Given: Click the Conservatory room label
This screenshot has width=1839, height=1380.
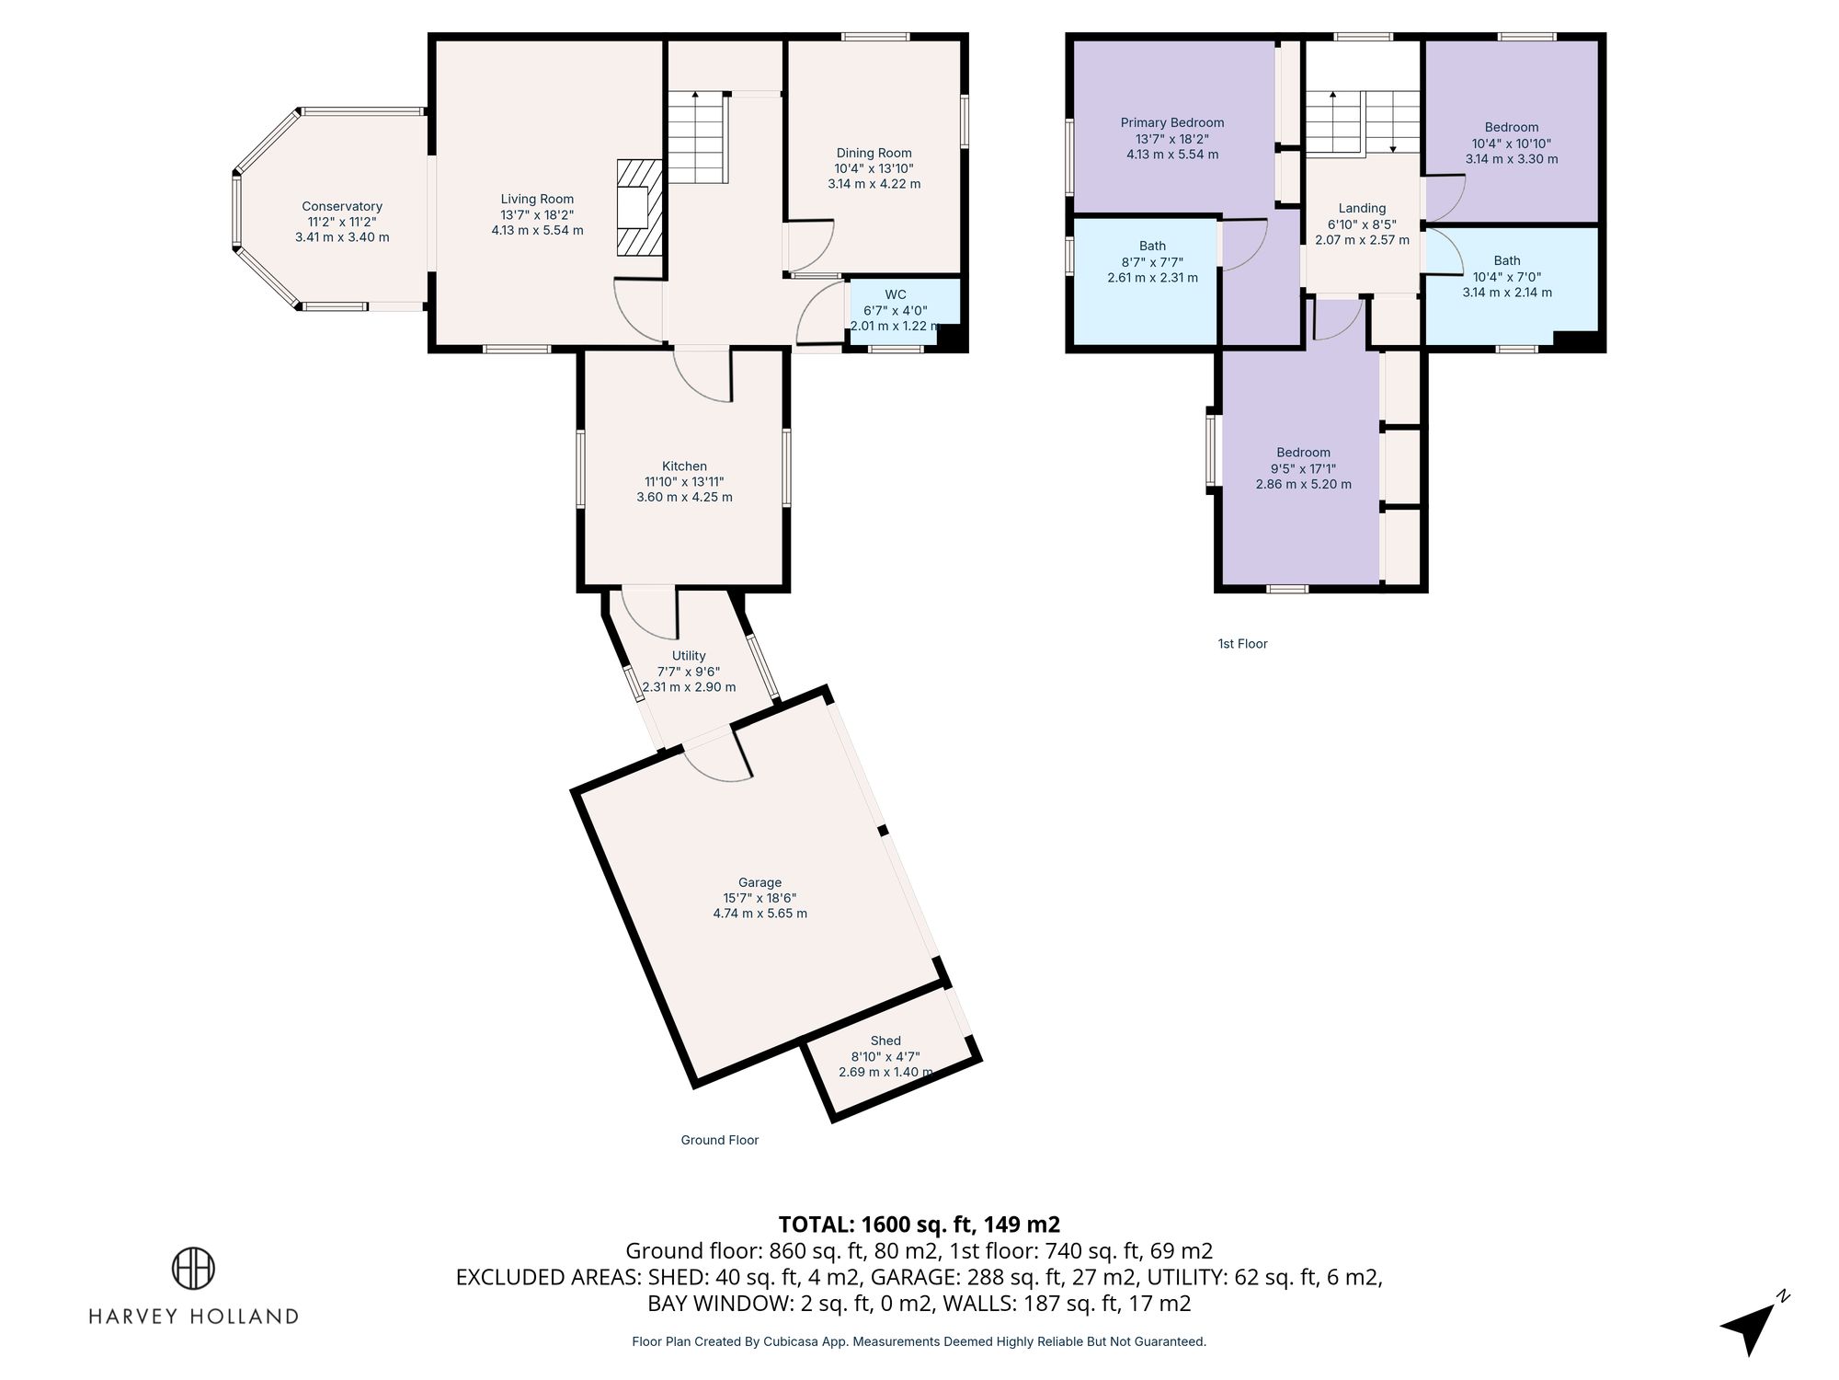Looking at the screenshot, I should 342,207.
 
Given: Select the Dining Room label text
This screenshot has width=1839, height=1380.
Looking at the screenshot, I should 874,154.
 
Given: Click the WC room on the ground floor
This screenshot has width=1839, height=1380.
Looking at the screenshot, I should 895,310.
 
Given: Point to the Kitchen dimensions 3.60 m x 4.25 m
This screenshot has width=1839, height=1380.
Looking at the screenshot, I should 684,498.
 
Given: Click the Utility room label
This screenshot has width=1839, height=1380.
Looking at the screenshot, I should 689,656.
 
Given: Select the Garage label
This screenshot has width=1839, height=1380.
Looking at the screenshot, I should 760,882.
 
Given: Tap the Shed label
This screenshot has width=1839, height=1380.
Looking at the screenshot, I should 885,1041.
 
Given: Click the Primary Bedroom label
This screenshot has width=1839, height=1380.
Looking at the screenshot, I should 1172,122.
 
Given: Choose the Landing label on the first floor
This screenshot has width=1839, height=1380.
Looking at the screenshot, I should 1362,209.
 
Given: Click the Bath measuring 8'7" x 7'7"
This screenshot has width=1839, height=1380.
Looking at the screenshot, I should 1152,261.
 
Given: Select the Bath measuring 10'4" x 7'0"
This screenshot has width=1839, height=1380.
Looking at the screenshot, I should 1507,276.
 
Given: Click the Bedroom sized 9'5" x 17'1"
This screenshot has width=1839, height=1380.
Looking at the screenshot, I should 1303,467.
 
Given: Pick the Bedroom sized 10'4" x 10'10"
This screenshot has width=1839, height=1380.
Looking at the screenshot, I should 1511,143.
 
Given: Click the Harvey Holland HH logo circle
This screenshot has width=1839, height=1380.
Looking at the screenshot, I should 193,1269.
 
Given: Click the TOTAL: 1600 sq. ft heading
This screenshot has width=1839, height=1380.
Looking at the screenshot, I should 919,1225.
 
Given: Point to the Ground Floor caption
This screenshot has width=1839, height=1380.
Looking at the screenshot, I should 719,1140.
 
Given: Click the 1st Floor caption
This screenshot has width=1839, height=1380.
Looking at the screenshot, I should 1242,644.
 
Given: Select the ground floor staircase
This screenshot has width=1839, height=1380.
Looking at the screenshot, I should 697,138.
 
